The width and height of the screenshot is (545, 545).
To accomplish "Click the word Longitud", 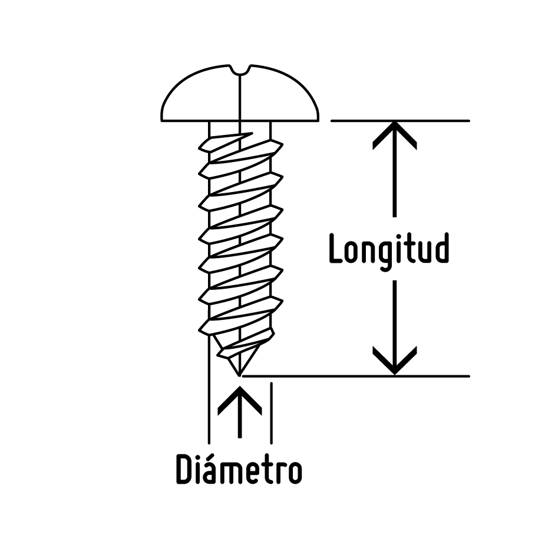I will [389, 250].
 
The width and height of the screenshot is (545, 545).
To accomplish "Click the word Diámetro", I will [239, 470].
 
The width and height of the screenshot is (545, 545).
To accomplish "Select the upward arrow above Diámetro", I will [239, 407].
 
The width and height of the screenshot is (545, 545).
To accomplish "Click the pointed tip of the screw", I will [238, 374].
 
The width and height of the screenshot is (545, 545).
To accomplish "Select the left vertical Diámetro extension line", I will [209, 412].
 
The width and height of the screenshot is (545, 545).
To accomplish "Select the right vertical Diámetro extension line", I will [271, 412].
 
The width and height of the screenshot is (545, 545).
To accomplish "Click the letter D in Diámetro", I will [186, 470].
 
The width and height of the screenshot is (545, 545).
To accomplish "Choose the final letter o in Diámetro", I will [293, 472].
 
